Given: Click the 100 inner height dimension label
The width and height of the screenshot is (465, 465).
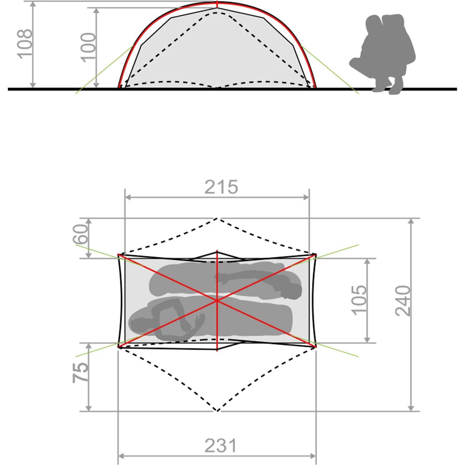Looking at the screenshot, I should (x=88, y=47).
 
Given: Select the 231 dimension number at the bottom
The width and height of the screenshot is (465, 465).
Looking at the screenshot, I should (x=221, y=446).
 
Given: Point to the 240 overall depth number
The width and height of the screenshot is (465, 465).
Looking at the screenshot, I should (x=403, y=301).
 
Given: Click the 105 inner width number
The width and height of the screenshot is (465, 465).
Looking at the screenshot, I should (x=359, y=300).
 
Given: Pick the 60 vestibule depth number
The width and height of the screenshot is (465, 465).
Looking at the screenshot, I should (x=80, y=234).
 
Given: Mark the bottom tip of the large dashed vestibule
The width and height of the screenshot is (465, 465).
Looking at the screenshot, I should (x=217, y=411).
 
